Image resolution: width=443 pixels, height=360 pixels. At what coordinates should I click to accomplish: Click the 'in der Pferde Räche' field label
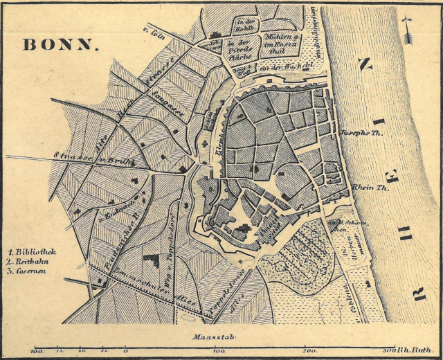(239, 48)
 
